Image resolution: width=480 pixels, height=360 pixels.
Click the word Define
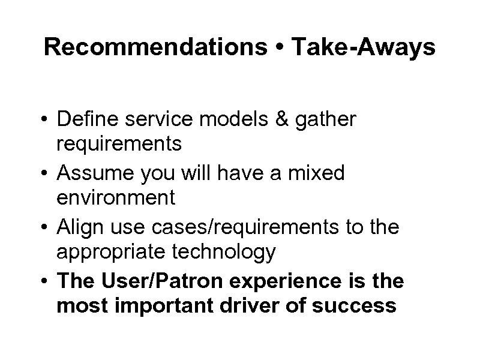(88, 120)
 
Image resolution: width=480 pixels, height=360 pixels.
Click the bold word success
(359, 305)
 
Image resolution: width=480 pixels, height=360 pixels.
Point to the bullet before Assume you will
(46, 175)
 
